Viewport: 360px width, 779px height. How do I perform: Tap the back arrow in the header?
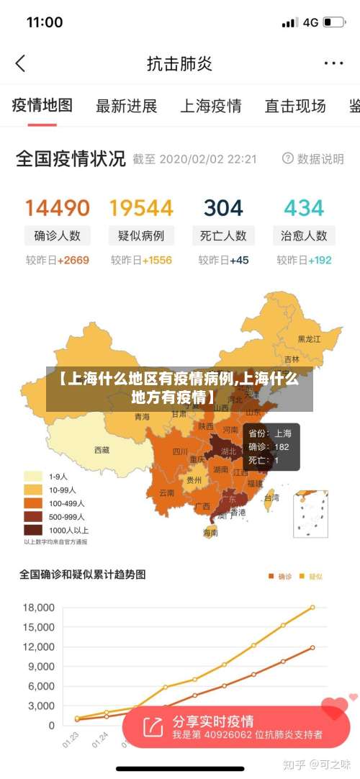(20, 63)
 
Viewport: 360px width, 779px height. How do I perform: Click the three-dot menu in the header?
(333, 63)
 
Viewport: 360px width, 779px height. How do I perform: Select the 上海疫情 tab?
(210, 107)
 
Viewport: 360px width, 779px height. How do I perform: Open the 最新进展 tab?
(126, 107)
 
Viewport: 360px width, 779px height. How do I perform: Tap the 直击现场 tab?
(295, 107)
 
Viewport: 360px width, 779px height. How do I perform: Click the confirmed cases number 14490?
(58, 208)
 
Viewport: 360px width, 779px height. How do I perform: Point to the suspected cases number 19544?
(141, 208)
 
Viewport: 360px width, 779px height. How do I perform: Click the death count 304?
(223, 208)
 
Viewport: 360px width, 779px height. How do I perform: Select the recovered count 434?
(304, 208)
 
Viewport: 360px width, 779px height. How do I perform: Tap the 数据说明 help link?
(313, 158)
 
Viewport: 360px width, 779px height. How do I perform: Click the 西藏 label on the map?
(102, 450)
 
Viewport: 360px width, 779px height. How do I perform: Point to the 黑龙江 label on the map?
(310, 338)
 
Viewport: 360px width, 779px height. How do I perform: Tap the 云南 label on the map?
(166, 493)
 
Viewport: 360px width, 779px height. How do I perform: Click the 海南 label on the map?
(210, 533)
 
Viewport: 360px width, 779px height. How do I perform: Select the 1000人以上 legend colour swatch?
(33, 530)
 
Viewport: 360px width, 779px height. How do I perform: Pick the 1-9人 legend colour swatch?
(33, 476)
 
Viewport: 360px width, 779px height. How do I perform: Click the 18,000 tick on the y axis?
(39, 608)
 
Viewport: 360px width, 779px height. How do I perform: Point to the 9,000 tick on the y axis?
(40, 667)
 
